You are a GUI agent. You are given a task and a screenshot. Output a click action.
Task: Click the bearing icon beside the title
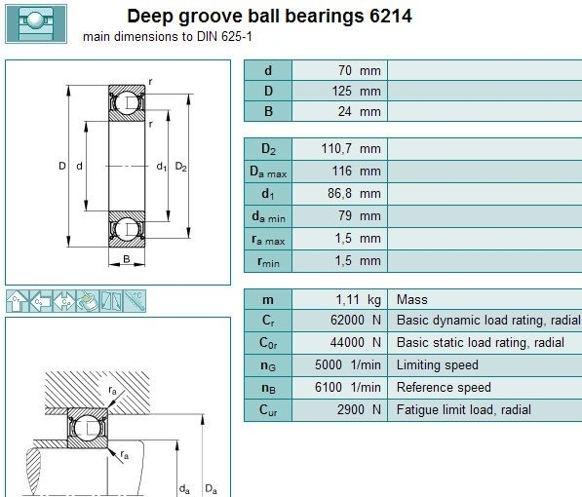click(x=36, y=23)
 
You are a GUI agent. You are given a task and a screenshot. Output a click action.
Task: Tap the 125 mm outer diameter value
click(x=357, y=91)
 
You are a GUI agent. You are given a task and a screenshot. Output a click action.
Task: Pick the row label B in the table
click(x=268, y=111)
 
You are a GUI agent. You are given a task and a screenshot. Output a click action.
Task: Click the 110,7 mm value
click(x=351, y=149)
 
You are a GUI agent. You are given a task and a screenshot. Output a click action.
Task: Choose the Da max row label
click(x=268, y=172)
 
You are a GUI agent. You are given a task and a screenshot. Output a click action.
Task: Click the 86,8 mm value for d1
click(x=354, y=193)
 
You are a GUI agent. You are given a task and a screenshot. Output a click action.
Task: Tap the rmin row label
click(x=268, y=262)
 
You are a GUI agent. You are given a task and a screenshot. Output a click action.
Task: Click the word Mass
click(x=412, y=299)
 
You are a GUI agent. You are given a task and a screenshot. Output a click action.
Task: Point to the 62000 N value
click(x=356, y=320)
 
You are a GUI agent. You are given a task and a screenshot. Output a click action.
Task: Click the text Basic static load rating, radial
click(x=481, y=343)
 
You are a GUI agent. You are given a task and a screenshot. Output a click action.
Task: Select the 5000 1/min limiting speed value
click(x=348, y=364)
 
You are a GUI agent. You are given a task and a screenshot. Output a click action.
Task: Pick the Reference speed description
click(x=444, y=388)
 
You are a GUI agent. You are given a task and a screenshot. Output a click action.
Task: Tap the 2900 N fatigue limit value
click(x=359, y=409)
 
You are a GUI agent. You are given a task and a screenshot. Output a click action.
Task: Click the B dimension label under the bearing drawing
click(x=127, y=258)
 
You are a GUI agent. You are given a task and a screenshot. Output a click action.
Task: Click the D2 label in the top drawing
click(x=180, y=167)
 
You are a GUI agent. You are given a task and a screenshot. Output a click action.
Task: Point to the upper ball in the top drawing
click(x=127, y=102)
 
